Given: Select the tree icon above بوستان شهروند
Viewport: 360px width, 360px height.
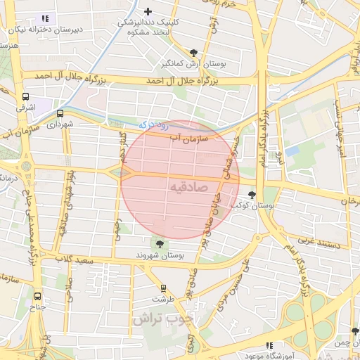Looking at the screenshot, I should tap(160, 244).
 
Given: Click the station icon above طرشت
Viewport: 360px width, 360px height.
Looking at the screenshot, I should tap(164, 288).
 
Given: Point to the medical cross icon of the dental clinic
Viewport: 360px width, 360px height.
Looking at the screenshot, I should tap(148, 11).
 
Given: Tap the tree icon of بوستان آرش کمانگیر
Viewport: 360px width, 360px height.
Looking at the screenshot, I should tap(194, 52).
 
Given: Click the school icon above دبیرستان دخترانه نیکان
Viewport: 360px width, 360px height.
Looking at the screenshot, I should tap(46, 18).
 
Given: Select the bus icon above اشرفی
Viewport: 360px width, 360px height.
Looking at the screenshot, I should tap(26, 97).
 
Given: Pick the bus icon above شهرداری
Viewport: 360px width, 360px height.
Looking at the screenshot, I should tap(60, 112).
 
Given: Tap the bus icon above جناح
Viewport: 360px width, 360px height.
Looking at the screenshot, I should tap(37, 296).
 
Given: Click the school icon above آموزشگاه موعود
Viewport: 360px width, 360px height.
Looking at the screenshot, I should tap(269, 345).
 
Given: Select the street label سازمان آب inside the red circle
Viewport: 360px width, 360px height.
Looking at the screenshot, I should tap(184, 136).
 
